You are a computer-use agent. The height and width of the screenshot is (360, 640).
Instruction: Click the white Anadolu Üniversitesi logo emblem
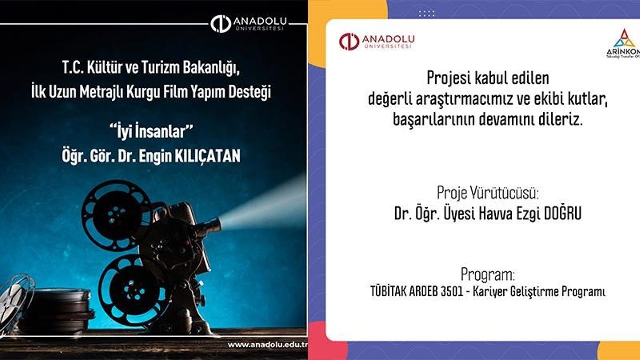[x=221, y=24]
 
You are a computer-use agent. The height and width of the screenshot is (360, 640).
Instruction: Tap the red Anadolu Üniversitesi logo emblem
[x=349, y=42]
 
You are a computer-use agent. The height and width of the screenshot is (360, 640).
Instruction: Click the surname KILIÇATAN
[x=207, y=156]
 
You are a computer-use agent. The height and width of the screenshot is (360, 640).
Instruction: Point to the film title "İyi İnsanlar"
[x=151, y=132]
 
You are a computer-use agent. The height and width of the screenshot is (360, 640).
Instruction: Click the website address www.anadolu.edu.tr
[x=267, y=345]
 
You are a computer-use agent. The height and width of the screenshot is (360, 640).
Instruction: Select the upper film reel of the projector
[x=116, y=215]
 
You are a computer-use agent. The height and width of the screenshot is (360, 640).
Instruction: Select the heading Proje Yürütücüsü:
[x=488, y=193]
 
